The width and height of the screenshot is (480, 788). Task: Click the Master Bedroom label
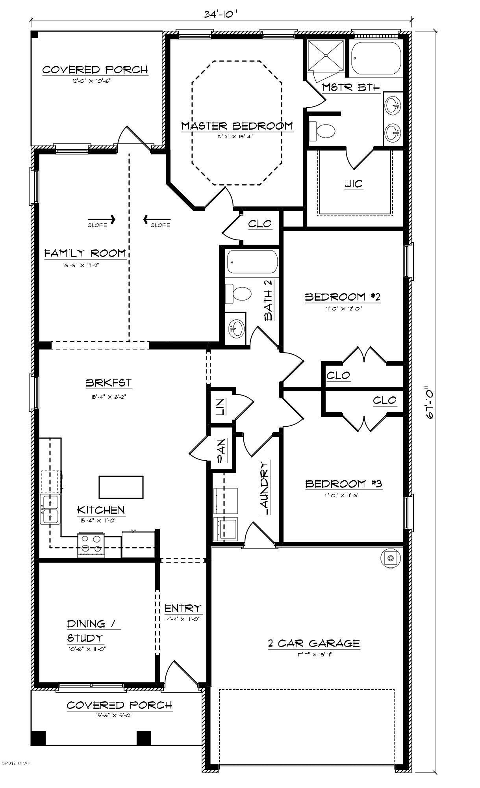click(x=237, y=126)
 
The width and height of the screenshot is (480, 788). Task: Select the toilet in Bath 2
click(x=240, y=294)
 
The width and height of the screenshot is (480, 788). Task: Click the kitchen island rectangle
click(x=121, y=487)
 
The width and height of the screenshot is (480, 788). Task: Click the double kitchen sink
click(x=50, y=509)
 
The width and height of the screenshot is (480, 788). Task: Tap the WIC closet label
click(x=353, y=184)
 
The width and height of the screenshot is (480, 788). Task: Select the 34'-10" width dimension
click(x=221, y=14)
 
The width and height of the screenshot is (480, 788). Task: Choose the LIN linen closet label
click(x=221, y=407)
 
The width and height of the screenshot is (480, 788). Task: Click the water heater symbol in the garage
click(x=390, y=558)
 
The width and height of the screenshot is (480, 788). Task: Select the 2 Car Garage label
click(x=313, y=643)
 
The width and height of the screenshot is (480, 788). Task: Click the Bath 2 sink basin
click(x=236, y=327)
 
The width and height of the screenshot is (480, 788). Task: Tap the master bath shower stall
click(x=325, y=56)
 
